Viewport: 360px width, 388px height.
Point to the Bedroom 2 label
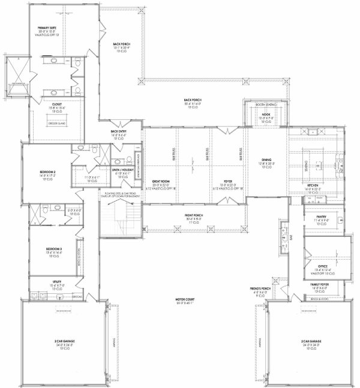pyautogui.click(x=47, y=172)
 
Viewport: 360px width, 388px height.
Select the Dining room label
pyautogui.click(x=266, y=160)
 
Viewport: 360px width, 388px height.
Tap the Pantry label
pyautogui.click(x=317, y=219)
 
